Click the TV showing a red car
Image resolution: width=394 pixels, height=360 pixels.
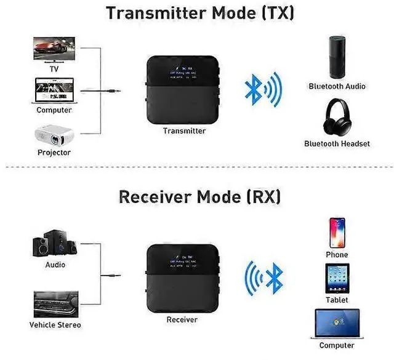pyautogui.click(x=54, y=49)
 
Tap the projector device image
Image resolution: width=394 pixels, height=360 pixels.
pyautogui.click(x=54, y=135)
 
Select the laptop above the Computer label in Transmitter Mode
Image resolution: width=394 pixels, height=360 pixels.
pyautogui.click(x=54, y=91)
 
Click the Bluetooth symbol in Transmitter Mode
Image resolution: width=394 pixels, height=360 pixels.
pyautogui.click(x=262, y=90)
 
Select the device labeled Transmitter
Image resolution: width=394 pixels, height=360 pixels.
pyautogui.click(x=184, y=90)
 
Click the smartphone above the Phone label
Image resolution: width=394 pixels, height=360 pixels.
pyautogui.click(x=337, y=232)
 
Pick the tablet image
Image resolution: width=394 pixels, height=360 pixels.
pyautogui.click(x=337, y=279)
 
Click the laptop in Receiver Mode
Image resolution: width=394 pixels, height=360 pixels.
pyautogui.click(x=336, y=324)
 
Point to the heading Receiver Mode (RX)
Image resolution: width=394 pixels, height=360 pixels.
pyautogui.click(x=199, y=197)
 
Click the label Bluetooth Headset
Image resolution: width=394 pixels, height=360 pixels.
pyautogui.click(x=337, y=143)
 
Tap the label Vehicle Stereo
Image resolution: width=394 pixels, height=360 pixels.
pyautogui.click(x=55, y=324)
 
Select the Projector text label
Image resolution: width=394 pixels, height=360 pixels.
pyautogui.click(x=54, y=152)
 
